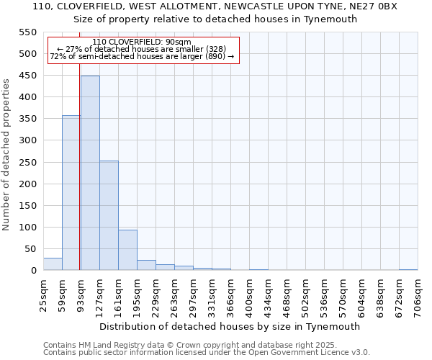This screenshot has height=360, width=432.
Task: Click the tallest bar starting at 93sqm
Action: click(x=90, y=173)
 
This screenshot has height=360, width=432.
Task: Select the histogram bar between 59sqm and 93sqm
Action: click(x=71, y=193)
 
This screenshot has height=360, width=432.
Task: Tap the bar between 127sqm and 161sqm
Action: click(x=109, y=215)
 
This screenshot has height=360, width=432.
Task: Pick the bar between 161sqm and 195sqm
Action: click(x=127, y=250)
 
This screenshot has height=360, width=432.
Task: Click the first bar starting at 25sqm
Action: click(x=53, y=264)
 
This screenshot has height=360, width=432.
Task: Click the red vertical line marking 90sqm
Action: click(x=79, y=180)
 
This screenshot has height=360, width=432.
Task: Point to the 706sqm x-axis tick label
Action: click(x=418, y=294)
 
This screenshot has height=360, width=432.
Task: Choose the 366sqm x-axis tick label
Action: click(x=231, y=294)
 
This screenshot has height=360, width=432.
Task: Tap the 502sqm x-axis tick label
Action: click(x=306, y=294)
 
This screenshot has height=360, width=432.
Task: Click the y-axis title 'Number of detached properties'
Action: click(x=6, y=155)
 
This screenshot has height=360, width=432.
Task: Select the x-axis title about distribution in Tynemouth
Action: click(x=230, y=326)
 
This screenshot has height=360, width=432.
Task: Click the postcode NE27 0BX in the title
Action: click(x=375, y=6)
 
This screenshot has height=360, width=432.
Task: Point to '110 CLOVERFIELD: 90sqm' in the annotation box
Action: click(x=143, y=42)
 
